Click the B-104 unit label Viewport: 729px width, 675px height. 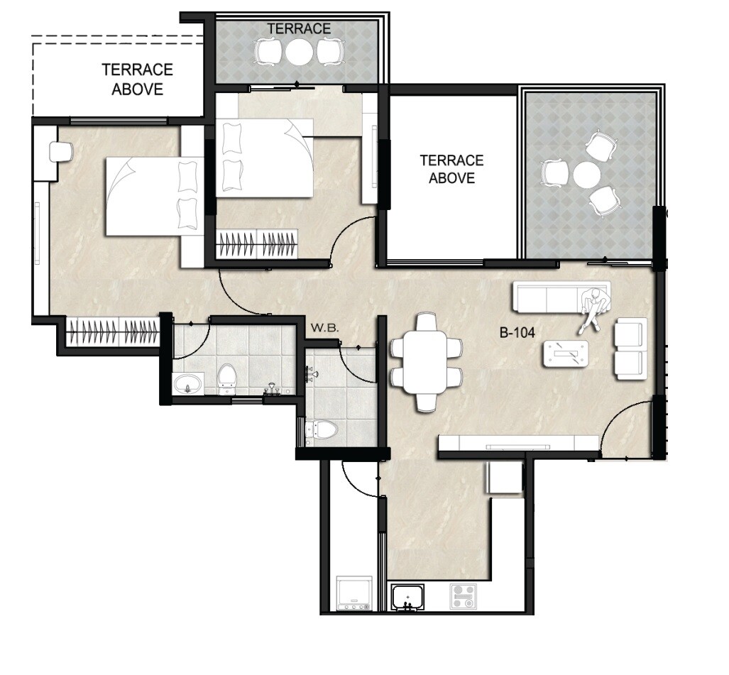coord(516,331)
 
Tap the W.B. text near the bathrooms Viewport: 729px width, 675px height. coord(321,329)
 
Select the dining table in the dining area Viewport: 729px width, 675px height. coord(427,362)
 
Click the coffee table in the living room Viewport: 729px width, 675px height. coord(566,353)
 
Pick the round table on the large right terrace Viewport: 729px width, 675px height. coord(586,175)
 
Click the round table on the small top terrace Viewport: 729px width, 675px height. coord(298,52)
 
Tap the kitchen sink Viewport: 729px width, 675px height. coord(407,596)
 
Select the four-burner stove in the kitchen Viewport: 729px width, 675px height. coord(462,596)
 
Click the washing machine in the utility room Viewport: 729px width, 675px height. coord(353,593)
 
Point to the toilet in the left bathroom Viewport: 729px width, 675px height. coord(227,378)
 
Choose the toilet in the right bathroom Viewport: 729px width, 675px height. coord(324,429)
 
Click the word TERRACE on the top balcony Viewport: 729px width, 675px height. coord(298,28)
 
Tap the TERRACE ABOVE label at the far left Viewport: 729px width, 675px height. coord(137,79)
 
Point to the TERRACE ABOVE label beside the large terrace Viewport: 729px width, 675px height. coord(451,170)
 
